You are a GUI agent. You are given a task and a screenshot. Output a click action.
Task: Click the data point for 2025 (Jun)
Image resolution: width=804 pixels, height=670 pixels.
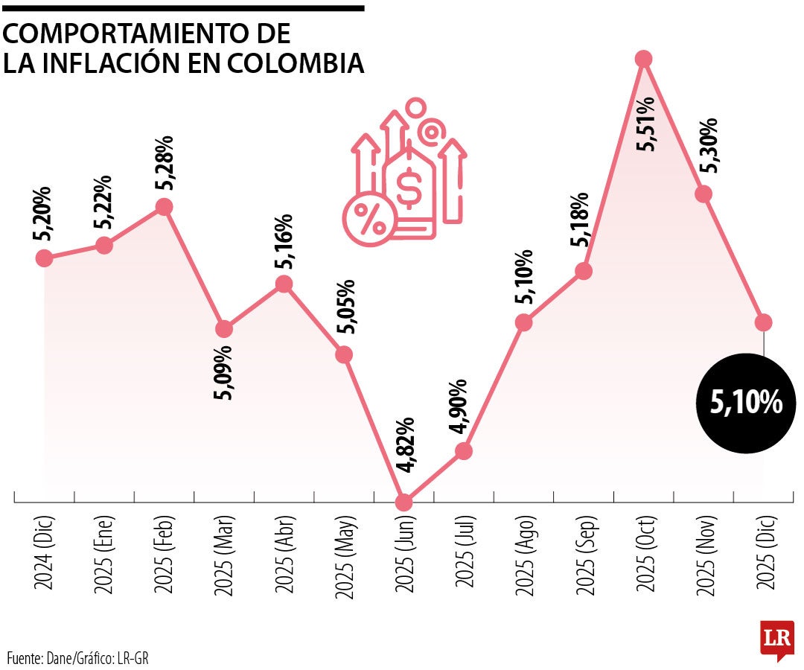pos(403,502)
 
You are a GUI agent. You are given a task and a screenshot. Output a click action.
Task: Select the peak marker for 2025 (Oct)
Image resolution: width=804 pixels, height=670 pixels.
pos(644,59)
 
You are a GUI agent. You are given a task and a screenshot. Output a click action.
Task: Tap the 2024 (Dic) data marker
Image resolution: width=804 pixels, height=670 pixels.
pos(44,258)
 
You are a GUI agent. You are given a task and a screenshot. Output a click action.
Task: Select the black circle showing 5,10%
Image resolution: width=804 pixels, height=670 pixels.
pos(746,403)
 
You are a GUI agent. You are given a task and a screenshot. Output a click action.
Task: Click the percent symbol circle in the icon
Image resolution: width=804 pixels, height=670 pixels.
pos(368,218)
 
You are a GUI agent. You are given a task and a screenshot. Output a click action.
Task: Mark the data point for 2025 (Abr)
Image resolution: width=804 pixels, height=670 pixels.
pos(284,284)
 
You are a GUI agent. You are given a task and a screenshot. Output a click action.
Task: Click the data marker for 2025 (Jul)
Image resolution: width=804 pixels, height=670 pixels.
pos(463,450)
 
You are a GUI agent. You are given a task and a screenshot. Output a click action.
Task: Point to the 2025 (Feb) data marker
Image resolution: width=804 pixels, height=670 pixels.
pos(165,207)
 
